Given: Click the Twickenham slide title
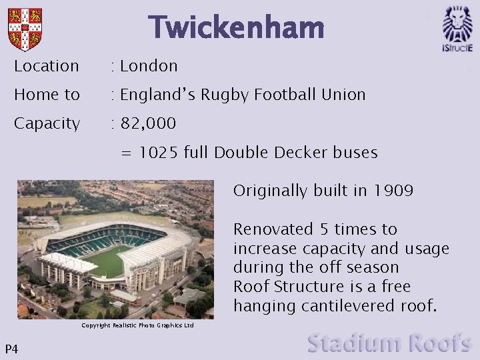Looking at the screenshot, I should [x=236, y=28].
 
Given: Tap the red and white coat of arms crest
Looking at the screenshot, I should [x=25, y=29].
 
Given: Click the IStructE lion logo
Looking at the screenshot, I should [x=457, y=28].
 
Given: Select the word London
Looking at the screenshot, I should [x=149, y=66].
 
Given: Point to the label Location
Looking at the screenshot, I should [x=47, y=66].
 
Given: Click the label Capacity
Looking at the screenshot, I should [x=47, y=123].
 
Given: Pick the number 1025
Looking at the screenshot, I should [x=158, y=153].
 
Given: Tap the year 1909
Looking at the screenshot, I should [x=393, y=191].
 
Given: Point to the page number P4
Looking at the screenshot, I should [x=11, y=349].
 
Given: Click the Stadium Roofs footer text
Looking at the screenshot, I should [x=389, y=343].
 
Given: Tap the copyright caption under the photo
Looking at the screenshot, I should [x=137, y=325].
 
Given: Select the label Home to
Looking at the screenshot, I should [x=47, y=95].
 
